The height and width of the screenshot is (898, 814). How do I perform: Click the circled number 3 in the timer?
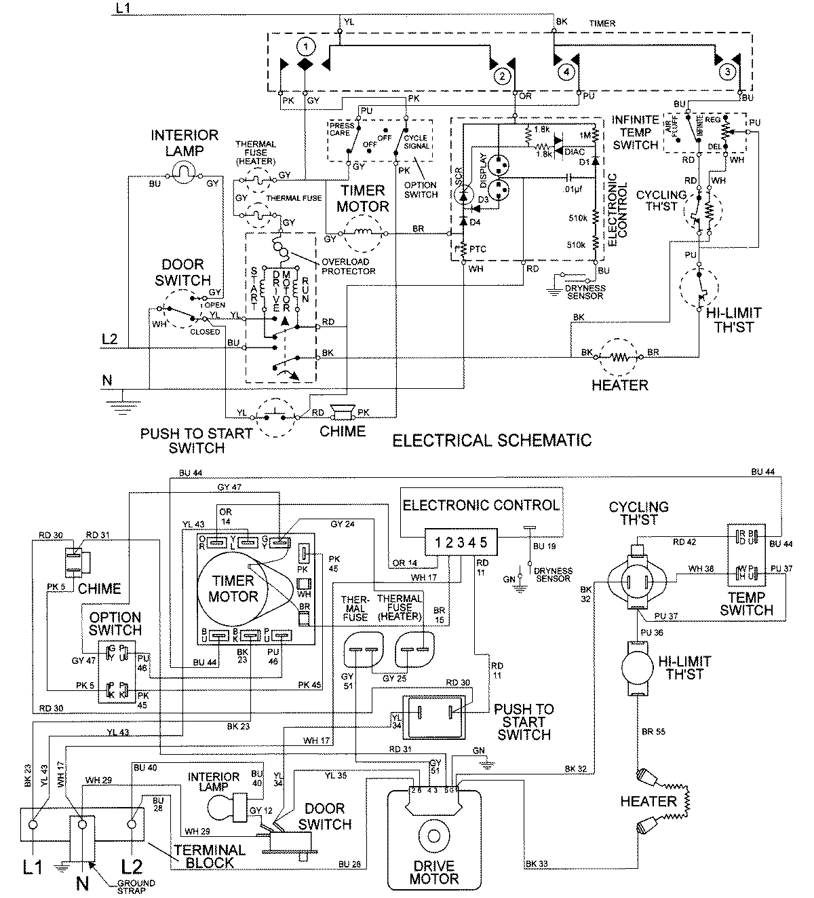(x=726, y=71)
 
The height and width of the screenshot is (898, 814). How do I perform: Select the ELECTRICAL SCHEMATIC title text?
(x=492, y=440)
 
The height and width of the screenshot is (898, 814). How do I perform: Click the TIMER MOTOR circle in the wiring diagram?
(x=233, y=588)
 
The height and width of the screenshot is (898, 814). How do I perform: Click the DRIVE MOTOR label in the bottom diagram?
(x=431, y=872)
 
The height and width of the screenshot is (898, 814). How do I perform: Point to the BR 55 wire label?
(x=653, y=732)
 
